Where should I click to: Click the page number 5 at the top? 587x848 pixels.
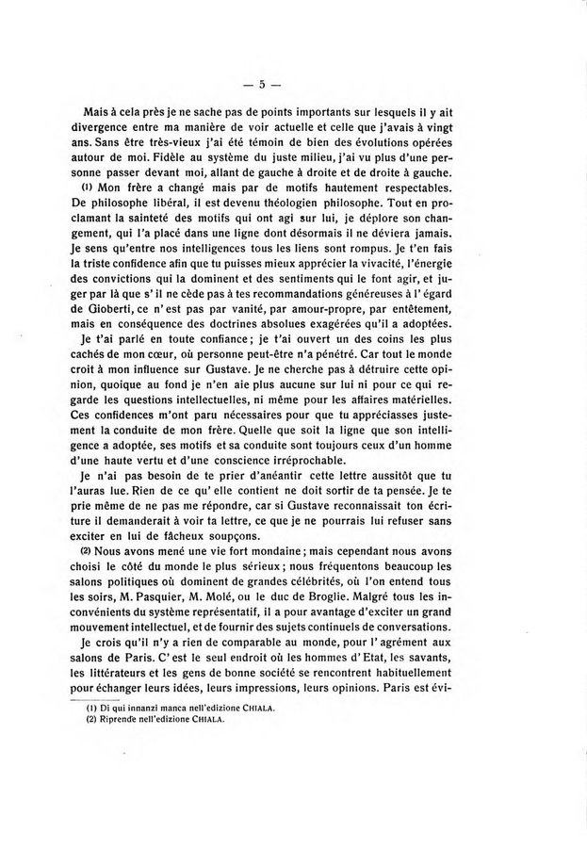293,84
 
